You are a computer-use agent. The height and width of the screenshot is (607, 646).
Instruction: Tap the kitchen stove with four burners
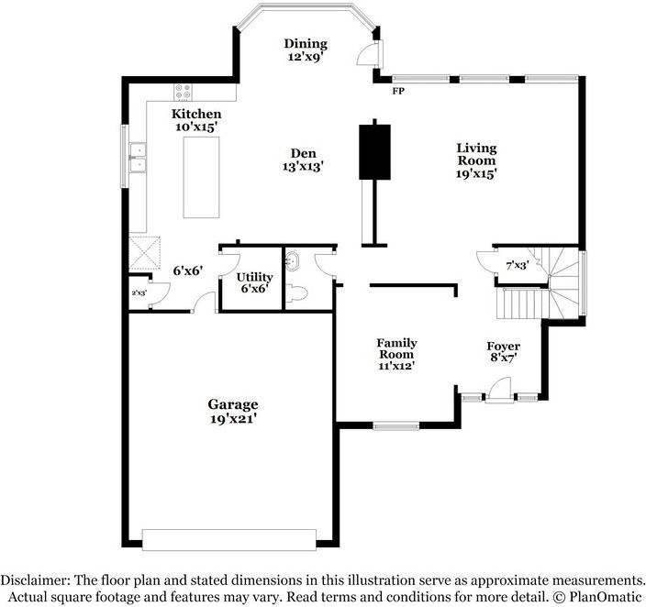pos(184,92)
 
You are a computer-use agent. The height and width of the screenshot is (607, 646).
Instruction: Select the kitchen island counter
pos(201,177)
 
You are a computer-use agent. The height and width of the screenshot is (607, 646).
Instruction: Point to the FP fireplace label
pos(398,91)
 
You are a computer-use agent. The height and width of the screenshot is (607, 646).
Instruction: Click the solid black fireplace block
pos(374,152)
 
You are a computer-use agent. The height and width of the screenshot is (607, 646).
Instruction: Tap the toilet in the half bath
pos(297,294)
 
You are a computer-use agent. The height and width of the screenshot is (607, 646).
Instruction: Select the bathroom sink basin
pos(293,261)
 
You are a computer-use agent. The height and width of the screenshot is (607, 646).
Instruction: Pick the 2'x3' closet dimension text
pos(139,293)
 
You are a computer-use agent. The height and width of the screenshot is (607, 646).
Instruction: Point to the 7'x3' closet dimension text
pos(518,266)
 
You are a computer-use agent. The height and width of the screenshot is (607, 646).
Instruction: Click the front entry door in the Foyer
pos(500,391)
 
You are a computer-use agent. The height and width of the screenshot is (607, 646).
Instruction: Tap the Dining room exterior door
pos(369,52)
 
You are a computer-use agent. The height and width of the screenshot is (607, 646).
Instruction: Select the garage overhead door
pos(229,539)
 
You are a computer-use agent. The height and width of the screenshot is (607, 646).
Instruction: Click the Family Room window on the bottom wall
pos(396,425)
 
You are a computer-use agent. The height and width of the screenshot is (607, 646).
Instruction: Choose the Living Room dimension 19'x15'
pos(475,174)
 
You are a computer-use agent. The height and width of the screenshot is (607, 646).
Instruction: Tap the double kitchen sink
pos(138,158)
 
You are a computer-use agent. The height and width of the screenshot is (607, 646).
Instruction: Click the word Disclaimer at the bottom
pos(36,580)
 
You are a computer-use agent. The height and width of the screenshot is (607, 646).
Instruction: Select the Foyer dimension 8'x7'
pos(504,358)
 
